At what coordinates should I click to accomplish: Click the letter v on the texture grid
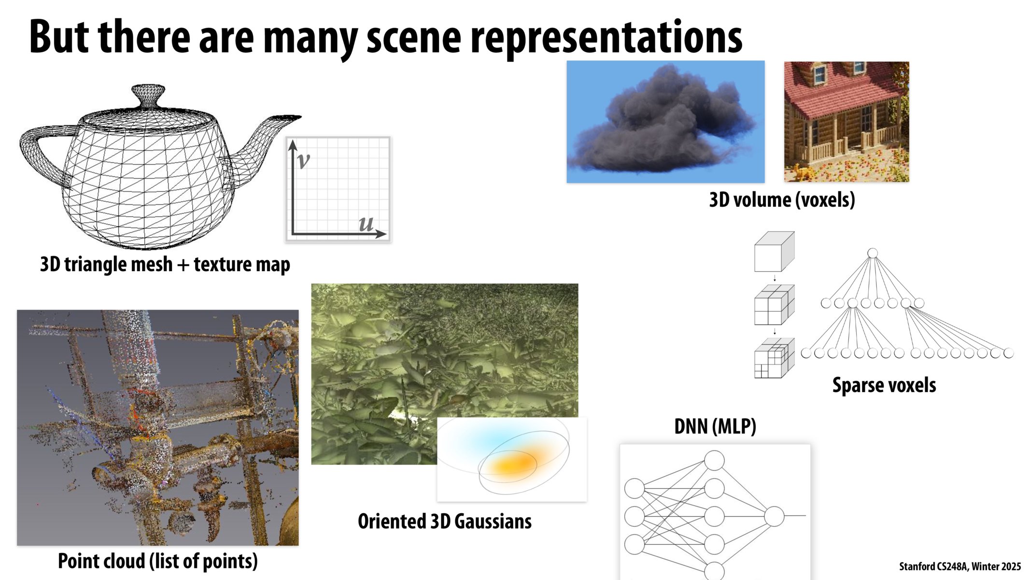pyautogui.click(x=303, y=160)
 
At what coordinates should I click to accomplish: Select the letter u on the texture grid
pyautogui.click(x=366, y=223)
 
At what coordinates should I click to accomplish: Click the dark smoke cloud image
pyautogui.click(x=665, y=122)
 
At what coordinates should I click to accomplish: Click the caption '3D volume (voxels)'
pyautogui.click(x=782, y=200)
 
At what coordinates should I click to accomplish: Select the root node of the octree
pyautogui.click(x=872, y=253)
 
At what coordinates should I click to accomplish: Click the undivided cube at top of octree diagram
pyautogui.click(x=774, y=252)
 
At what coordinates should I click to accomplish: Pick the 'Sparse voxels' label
pyautogui.click(x=884, y=385)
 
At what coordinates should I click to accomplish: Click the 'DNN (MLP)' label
pyautogui.click(x=715, y=426)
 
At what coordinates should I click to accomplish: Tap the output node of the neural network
pyautogui.click(x=774, y=516)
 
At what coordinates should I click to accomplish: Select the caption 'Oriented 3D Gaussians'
pyautogui.click(x=444, y=522)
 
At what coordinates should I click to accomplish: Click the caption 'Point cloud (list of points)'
pyautogui.click(x=157, y=561)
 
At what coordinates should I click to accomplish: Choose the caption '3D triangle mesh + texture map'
pyautogui.click(x=165, y=264)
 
